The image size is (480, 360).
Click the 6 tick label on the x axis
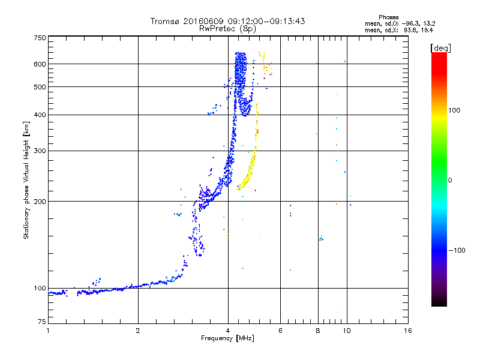[x=281, y=331]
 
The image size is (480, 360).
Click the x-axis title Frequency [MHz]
[x=228, y=338]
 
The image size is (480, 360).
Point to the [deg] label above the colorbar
[x=440, y=47]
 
